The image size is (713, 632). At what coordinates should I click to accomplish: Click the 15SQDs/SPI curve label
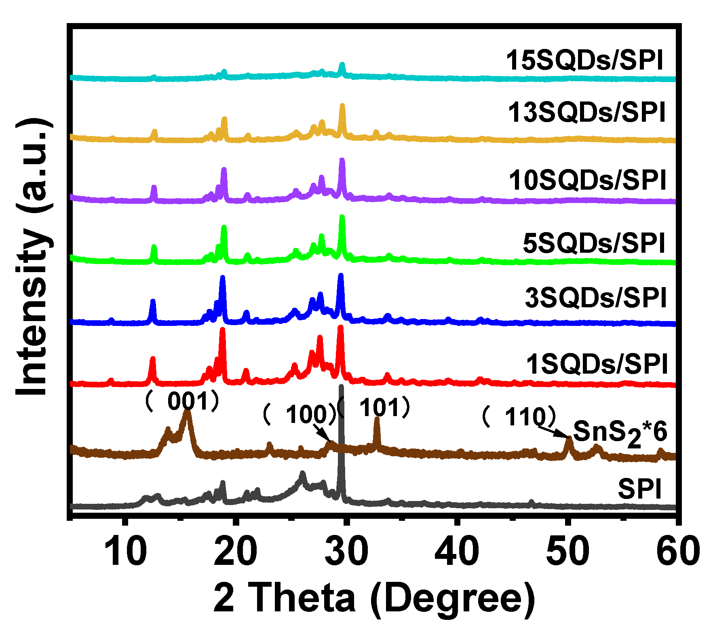click(x=584, y=61)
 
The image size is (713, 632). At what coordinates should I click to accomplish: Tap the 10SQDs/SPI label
click(x=587, y=180)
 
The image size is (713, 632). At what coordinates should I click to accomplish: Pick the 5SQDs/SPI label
click(x=594, y=243)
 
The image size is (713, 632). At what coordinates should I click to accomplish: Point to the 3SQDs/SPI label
click(x=595, y=298)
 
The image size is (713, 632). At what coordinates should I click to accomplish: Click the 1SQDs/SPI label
click(x=597, y=364)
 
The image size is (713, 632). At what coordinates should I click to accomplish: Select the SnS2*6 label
click(x=620, y=432)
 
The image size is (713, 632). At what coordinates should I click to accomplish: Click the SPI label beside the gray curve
click(x=639, y=489)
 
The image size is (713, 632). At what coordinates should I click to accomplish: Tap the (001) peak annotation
click(x=182, y=402)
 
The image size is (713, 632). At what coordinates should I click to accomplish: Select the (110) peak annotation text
click(x=519, y=416)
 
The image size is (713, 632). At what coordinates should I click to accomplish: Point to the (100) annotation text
click(x=300, y=414)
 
